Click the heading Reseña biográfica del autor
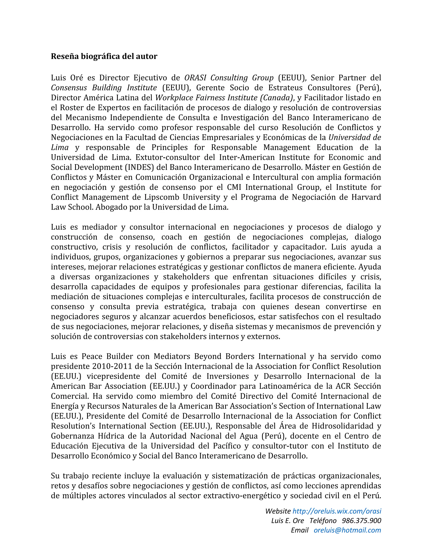point(104,56)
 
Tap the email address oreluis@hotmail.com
point(347,530)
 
